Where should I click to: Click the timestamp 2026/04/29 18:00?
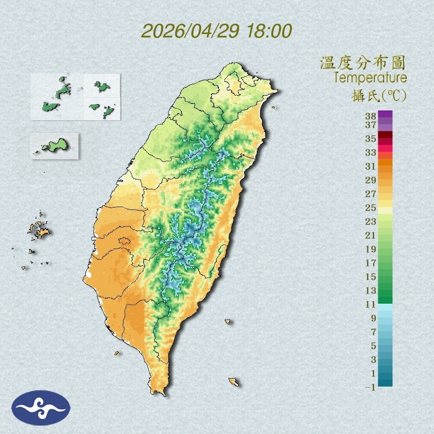(x=217, y=31)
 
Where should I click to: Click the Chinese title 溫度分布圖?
(x=362, y=63)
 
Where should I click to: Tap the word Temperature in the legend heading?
(x=370, y=78)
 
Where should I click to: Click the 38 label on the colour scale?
(x=371, y=116)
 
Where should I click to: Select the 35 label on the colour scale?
(x=371, y=139)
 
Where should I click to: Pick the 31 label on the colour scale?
(x=371, y=166)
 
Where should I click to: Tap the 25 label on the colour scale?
(x=371, y=207)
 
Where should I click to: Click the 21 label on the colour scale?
(x=371, y=235)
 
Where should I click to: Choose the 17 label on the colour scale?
(x=371, y=263)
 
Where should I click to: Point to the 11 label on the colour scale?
(x=371, y=304)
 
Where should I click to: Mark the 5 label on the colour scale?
(x=373, y=345)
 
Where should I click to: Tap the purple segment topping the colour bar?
(x=386, y=114)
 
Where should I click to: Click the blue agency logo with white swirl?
(x=41, y=407)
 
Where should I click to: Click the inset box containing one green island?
(x=54, y=145)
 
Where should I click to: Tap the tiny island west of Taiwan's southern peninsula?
(x=117, y=353)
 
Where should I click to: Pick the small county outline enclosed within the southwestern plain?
(x=124, y=241)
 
